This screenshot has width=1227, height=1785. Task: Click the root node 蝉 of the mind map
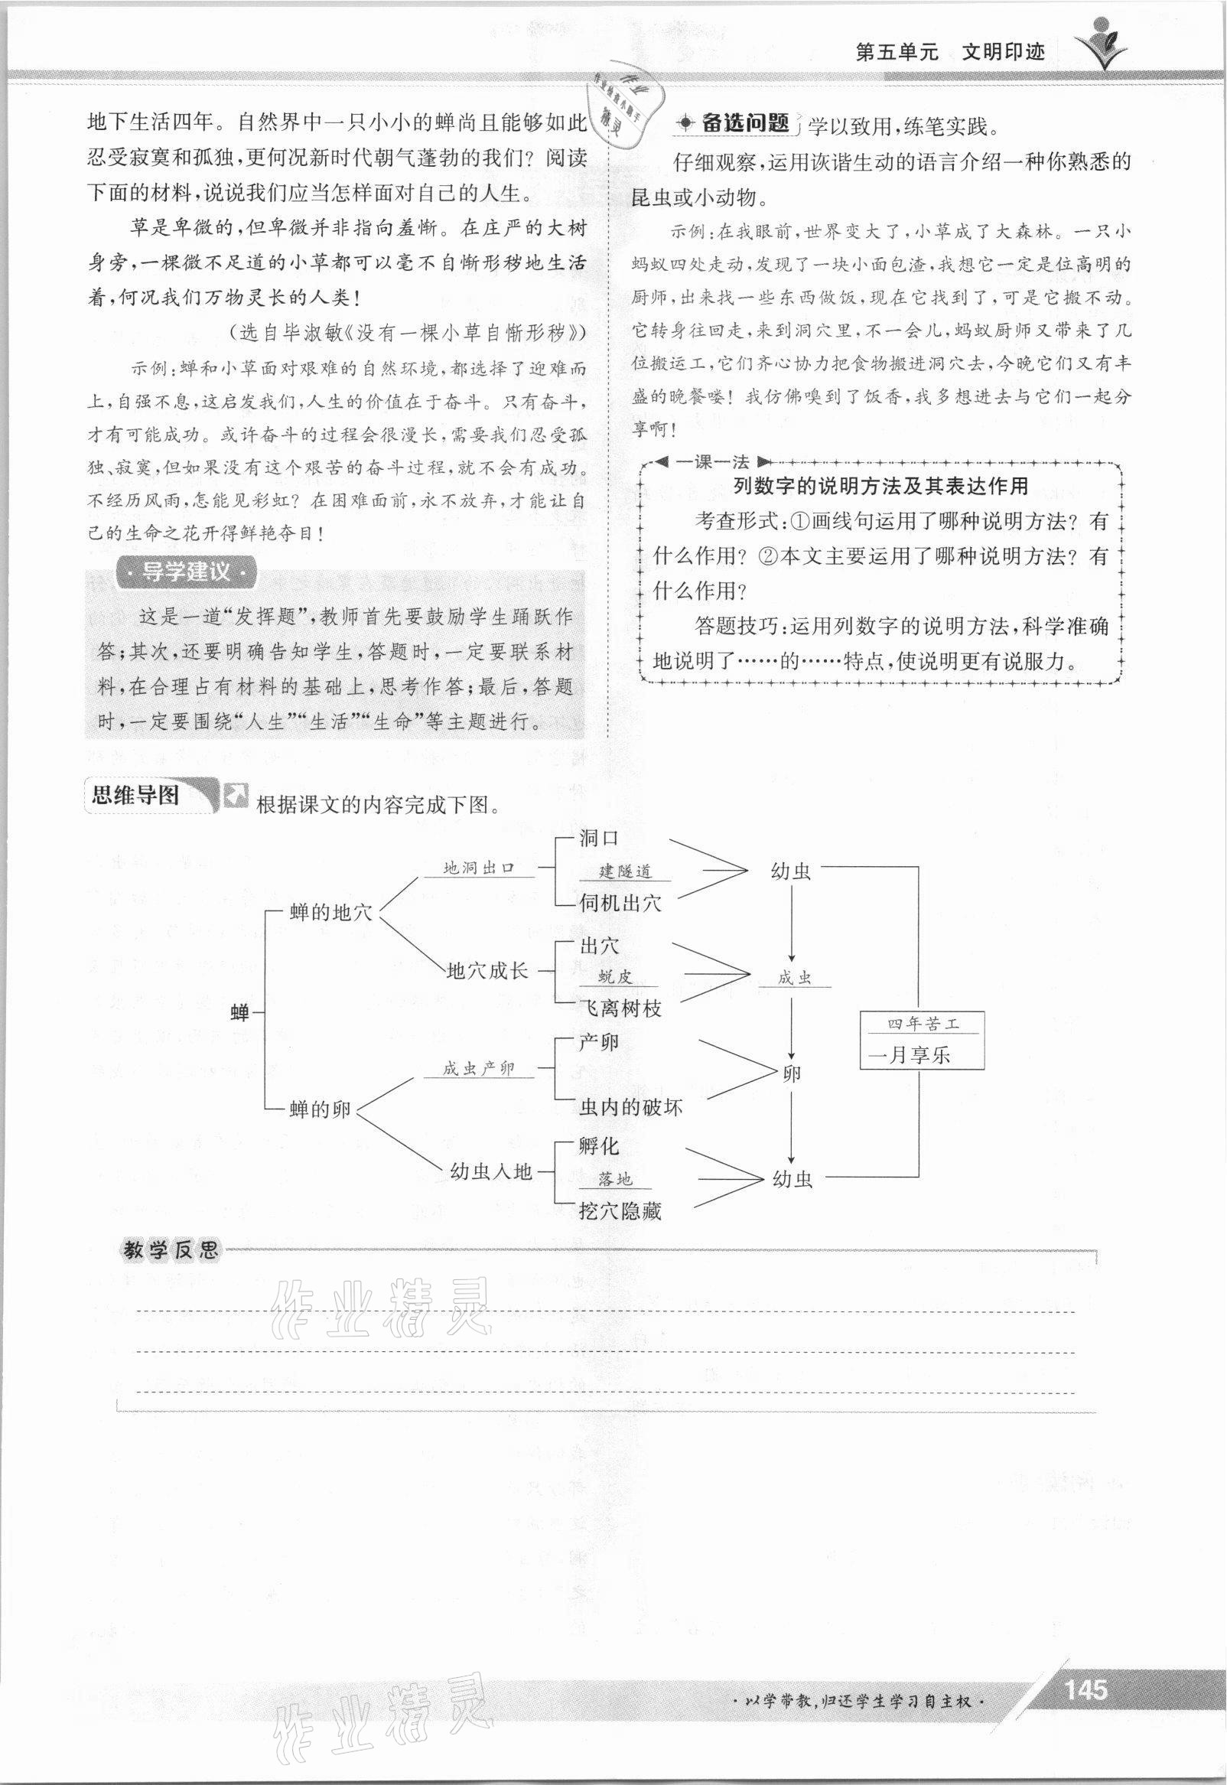point(240,1013)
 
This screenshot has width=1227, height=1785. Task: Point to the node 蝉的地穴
point(330,913)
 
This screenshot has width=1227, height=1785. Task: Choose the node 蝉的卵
point(320,1109)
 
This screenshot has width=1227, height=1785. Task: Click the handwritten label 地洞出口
point(478,868)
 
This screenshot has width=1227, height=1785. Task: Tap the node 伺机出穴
point(620,903)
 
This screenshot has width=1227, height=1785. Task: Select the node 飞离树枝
point(620,1008)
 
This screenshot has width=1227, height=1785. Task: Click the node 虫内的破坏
point(630,1107)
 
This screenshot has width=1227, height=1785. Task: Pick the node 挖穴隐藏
point(620,1211)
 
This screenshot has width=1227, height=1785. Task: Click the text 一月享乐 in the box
point(910,1054)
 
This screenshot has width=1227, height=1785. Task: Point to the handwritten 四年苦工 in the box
point(923,1024)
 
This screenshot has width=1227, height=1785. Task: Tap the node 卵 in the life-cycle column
point(792,1073)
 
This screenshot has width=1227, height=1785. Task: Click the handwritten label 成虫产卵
point(478,1069)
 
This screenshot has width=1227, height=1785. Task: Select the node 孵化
point(599,1146)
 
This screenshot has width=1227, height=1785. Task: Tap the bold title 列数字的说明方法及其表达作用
point(880,486)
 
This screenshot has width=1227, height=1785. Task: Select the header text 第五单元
point(897,53)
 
